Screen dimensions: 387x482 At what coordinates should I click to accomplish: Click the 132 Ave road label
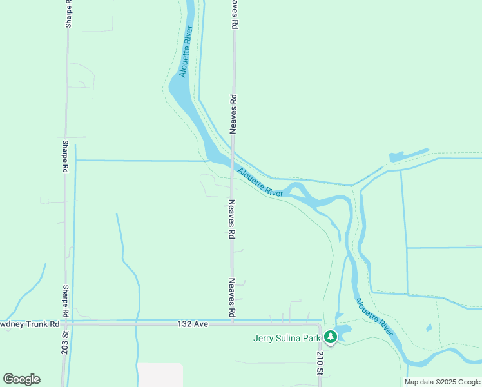193,324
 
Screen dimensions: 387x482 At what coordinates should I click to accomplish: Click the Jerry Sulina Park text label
287,337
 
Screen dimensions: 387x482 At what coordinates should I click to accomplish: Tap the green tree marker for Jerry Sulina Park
330,337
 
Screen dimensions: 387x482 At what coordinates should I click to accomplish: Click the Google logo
21,379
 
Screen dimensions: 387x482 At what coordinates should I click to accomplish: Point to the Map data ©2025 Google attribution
443,382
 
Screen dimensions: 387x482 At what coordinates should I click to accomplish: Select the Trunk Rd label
30,324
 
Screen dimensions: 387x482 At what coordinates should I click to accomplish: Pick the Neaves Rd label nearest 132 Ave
231,297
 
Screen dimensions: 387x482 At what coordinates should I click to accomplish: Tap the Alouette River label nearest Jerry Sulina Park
373,317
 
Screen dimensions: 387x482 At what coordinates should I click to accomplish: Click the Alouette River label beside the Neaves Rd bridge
260,183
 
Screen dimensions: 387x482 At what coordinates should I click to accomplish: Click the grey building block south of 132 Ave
160,375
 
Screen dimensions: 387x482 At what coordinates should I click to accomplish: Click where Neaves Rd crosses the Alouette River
232,165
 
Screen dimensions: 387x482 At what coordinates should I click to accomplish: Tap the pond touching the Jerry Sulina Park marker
342,332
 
